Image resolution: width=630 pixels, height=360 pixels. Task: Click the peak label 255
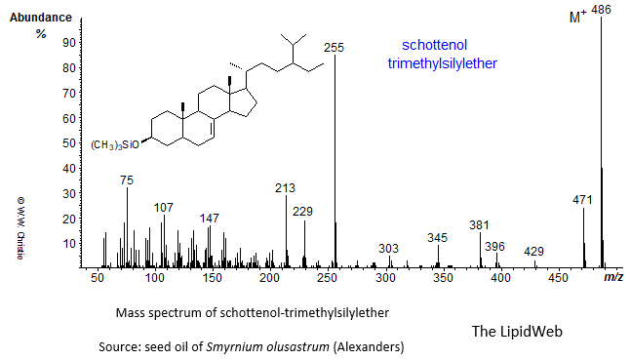pyautogui.click(x=335, y=47)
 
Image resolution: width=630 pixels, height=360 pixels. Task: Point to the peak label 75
pyautogui.click(x=127, y=180)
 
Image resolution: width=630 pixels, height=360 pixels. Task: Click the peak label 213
pyautogui.click(x=286, y=188)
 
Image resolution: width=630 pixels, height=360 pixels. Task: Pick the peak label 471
pyautogui.click(x=583, y=200)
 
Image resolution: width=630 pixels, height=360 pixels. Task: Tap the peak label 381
pyautogui.click(x=479, y=224)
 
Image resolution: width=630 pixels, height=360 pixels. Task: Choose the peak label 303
pyautogui.click(x=389, y=248)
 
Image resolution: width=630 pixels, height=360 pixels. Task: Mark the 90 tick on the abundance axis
pyautogui.click(x=69, y=43)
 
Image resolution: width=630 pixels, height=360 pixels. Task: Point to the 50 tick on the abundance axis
pyautogui.click(x=69, y=142)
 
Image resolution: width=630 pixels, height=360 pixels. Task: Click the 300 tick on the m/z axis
pyautogui.click(x=385, y=279)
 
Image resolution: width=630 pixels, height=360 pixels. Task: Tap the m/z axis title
pyautogui.click(x=613, y=279)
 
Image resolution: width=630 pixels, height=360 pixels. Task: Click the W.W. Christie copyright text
pyautogui.click(x=18, y=226)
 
